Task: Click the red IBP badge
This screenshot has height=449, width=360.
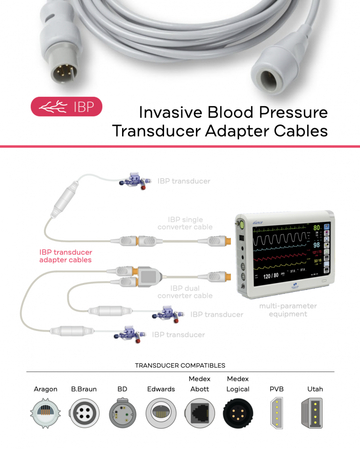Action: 66,107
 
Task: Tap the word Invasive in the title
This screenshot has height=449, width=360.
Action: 171,113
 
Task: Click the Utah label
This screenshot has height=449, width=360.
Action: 315,389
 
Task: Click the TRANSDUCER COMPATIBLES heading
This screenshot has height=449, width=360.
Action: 180,365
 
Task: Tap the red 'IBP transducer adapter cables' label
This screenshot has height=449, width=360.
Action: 65,256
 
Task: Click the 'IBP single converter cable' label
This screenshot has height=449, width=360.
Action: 185,223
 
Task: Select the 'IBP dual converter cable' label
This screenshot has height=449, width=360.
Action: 185,292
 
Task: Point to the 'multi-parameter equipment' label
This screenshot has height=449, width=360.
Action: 288,310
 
